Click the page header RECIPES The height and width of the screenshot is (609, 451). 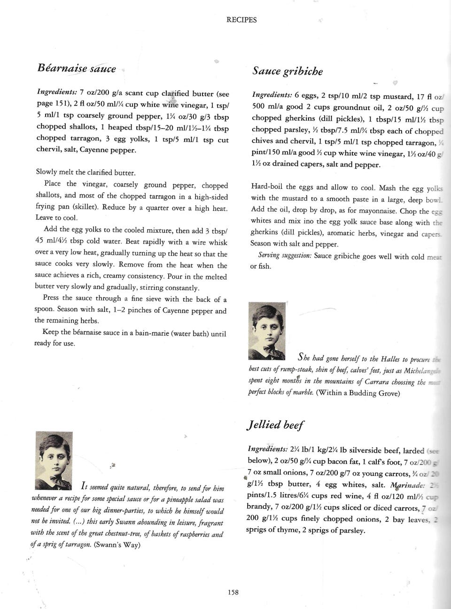(241, 20)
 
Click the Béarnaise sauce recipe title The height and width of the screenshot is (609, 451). (77, 68)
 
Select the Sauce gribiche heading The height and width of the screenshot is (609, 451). (288, 71)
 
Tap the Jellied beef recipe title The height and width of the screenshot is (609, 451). (275, 425)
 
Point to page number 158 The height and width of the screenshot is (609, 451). (233, 592)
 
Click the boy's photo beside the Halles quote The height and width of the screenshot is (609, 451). (267, 331)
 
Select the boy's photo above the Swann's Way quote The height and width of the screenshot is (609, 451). (54, 460)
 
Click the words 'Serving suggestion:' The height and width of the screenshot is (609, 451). (285, 255)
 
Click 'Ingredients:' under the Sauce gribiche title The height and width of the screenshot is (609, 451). (272, 96)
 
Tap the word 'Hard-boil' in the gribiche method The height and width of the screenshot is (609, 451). (267, 187)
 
